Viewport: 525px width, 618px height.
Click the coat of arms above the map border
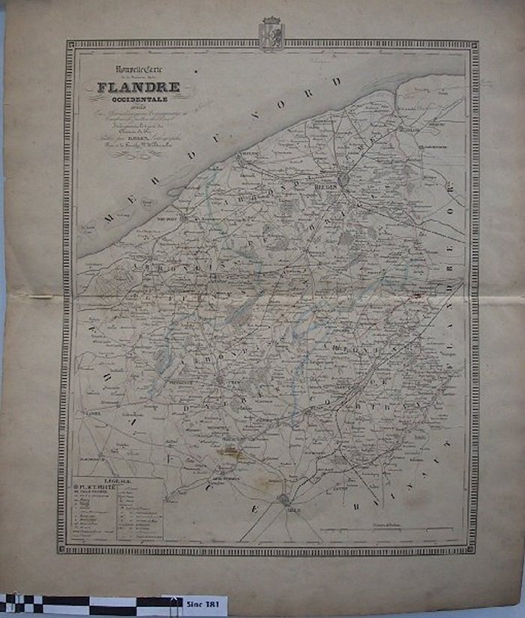coord(271,33)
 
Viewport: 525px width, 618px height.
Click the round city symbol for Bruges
coord(343,180)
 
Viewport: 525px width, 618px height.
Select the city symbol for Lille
coord(284,499)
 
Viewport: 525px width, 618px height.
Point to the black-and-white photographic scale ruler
coord(90,604)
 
